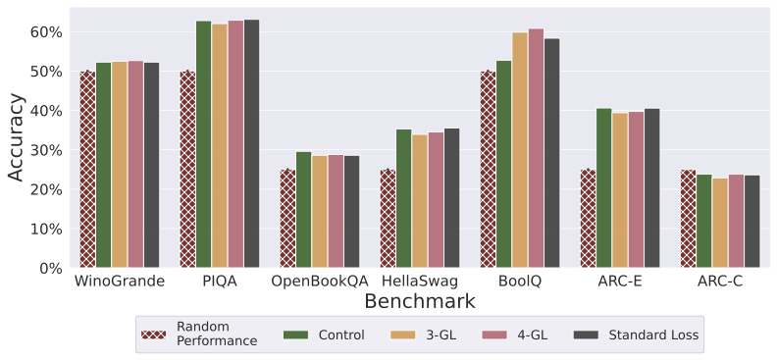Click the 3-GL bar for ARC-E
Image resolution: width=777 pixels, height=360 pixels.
(620, 190)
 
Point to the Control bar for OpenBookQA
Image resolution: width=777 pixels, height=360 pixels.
(303, 210)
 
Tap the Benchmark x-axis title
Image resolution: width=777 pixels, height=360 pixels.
(420, 302)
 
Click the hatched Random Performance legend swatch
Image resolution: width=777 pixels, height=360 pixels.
(153, 334)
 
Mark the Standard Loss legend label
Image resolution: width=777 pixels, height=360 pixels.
(653, 334)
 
